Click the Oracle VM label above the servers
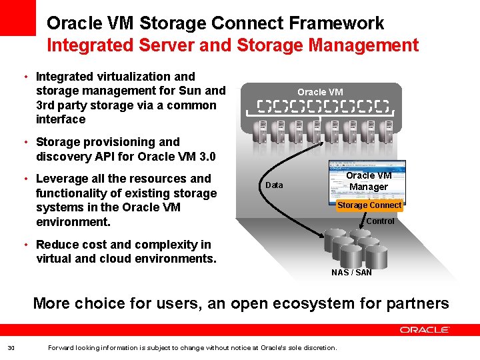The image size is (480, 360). point(320,92)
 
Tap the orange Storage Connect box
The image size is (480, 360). point(369,205)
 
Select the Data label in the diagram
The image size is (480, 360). point(274,185)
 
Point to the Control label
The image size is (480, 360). point(380,221)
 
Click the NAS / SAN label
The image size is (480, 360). point(351,272)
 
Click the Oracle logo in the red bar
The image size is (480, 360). point(425,329)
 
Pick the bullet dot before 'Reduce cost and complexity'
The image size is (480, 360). point(25,245)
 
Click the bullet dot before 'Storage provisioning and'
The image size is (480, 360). point(25,142)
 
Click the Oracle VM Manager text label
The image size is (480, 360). point(369,181)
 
